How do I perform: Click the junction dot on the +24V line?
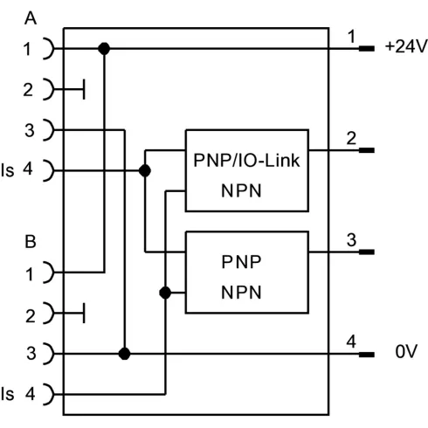tap(105, 49)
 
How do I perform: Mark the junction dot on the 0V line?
tap(126, 355)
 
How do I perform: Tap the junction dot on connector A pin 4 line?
tap(145, 169)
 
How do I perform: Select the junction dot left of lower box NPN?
tap(165, 293)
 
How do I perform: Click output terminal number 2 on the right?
tap(350, 138)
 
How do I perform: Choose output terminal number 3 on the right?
tap(350, 239)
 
